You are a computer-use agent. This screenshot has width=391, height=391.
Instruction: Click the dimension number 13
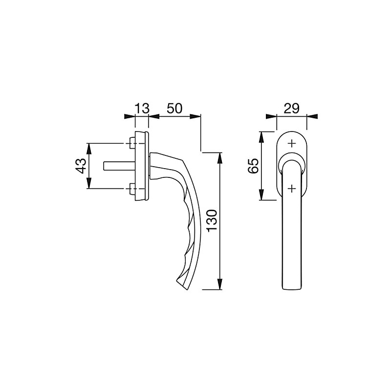[x=141, y=109]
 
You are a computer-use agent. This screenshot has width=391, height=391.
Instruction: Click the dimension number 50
[x=175, y=109]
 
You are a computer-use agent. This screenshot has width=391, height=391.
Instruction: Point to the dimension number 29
[x=291, y=109]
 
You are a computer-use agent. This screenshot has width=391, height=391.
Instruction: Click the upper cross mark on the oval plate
[x=292, y=144]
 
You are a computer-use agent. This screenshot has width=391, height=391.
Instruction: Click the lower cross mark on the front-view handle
[x=292, y=188]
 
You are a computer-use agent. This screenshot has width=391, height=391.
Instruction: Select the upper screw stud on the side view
[x=131, y=143]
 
